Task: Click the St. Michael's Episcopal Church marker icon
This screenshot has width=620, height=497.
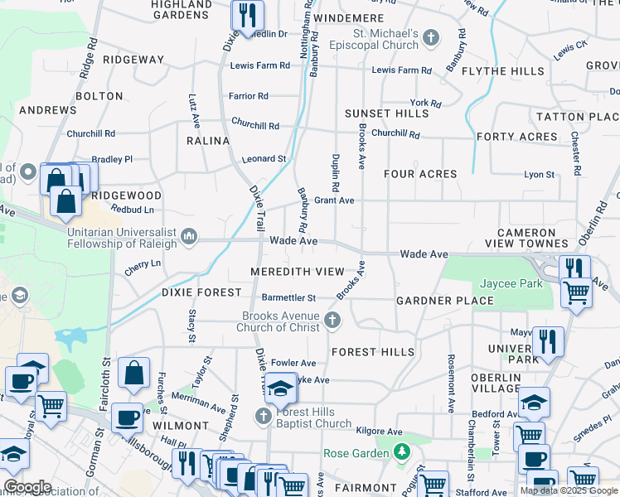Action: (431, 37)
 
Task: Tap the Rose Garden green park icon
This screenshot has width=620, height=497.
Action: (402, 452)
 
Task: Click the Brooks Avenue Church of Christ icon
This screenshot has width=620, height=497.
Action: (332, 320)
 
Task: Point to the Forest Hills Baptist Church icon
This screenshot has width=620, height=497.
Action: (264, 415)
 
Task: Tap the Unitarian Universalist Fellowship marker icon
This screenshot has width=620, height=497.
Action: (190, 238)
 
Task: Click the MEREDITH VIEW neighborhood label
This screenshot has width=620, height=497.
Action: (297, 272)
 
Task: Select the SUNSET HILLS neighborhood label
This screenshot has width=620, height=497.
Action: (386, 113)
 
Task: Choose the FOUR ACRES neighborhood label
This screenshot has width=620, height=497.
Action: (420, 174)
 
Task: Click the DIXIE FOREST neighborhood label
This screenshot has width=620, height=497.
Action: (201, 292)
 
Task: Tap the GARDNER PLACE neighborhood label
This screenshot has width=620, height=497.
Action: (445, 300)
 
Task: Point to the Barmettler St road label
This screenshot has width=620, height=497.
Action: (288, 297)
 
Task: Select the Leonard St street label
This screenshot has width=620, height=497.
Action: (264, 158)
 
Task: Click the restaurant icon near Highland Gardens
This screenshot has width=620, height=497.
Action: (246, 15)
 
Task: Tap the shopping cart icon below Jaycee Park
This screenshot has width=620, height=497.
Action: (576, 292)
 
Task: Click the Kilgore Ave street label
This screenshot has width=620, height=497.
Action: (378, 432)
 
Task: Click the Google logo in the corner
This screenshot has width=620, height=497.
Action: (27, 487)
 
